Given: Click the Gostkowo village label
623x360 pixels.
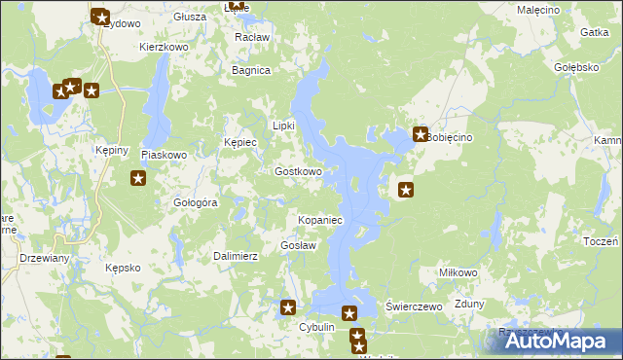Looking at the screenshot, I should pyautogui.click(x=298, y=171).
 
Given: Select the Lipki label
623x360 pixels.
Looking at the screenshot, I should pyautogui.click(x=282, y=126).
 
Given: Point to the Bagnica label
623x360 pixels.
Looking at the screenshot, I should pyautogui.click(x=250, y=70).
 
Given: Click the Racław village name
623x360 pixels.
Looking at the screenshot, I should pyautogui.click(x=252, y=37).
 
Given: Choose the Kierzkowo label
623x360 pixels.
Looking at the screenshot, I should pyautogui.click(x=164, y=46).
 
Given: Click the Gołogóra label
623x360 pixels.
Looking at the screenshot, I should pyautogui.click(x=195, y=202).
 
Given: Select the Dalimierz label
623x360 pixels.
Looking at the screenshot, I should pyautogui.click(x=235, y=256).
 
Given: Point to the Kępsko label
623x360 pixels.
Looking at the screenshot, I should pyautogui.click(x=124, y=267).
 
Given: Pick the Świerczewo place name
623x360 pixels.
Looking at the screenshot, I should pyautogui.click(x=415, y=306).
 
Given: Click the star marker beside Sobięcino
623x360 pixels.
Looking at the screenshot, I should pyautogui.click(x=421, y=135).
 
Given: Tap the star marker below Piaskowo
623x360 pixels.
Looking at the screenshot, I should pyautogui.click(x=138, y=178).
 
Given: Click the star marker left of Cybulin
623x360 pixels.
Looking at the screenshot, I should pyautogui.click(x=288, y=308).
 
